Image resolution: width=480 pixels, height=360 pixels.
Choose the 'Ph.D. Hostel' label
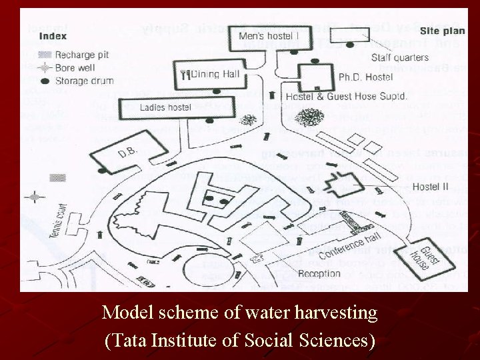click(x=365, y=77)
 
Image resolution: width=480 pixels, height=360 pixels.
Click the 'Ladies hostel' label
click(x=165, y=107)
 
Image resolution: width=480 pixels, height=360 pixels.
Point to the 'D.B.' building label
click(x=127, y=154)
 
